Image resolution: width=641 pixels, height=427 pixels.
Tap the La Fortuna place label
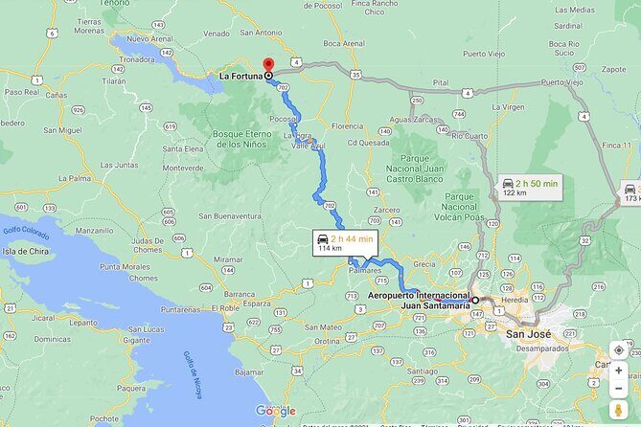pos(240,76)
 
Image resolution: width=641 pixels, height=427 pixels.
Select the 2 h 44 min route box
pos(346,243)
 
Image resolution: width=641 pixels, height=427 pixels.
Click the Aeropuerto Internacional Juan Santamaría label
pos(419,301)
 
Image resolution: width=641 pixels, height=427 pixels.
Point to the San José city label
pos(528,334)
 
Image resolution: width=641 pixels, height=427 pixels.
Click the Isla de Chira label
pos(26,250)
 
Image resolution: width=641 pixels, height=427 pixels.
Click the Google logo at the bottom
pos(275,411)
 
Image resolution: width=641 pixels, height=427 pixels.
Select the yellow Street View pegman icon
pos(619,410)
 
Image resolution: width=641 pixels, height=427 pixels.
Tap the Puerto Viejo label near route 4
pos(561,82)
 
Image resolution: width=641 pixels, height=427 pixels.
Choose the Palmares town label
pos(368,270)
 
